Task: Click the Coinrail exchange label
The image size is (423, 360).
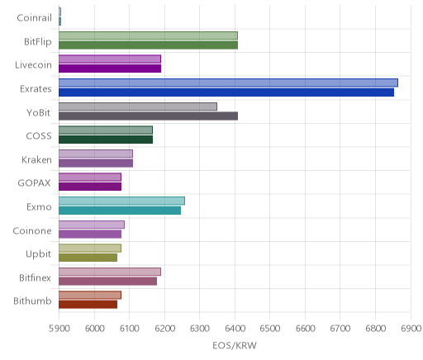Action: pos(34,18)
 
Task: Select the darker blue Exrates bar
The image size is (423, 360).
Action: pos(226,92)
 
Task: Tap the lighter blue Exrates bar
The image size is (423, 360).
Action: pos(228,83)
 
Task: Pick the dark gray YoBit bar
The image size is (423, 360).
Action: pos(148,116)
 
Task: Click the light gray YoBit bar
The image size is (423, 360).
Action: pos(138,107)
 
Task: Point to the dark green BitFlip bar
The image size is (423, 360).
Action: pos(148,45)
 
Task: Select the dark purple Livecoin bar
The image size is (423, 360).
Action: pos(110,69)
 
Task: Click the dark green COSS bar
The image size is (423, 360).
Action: pos(106,140)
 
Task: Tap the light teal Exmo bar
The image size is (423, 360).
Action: pos(121,201)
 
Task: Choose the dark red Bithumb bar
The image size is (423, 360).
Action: pos(88,305)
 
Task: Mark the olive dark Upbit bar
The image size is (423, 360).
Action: pos(88,258)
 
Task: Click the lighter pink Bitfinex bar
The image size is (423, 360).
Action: pos(110,272)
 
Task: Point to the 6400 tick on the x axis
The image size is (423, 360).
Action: pos(235,329)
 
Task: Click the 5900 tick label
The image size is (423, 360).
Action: pos(59,329)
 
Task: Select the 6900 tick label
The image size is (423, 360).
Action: pos(411,329)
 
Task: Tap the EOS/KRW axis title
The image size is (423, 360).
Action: pos(235,345)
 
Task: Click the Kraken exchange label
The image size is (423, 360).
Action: pos(36,160)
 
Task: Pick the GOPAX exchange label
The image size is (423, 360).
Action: pos(35,183)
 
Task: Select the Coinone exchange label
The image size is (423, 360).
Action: pos(32,230)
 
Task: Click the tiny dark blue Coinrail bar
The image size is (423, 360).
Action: pos(59,21)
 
